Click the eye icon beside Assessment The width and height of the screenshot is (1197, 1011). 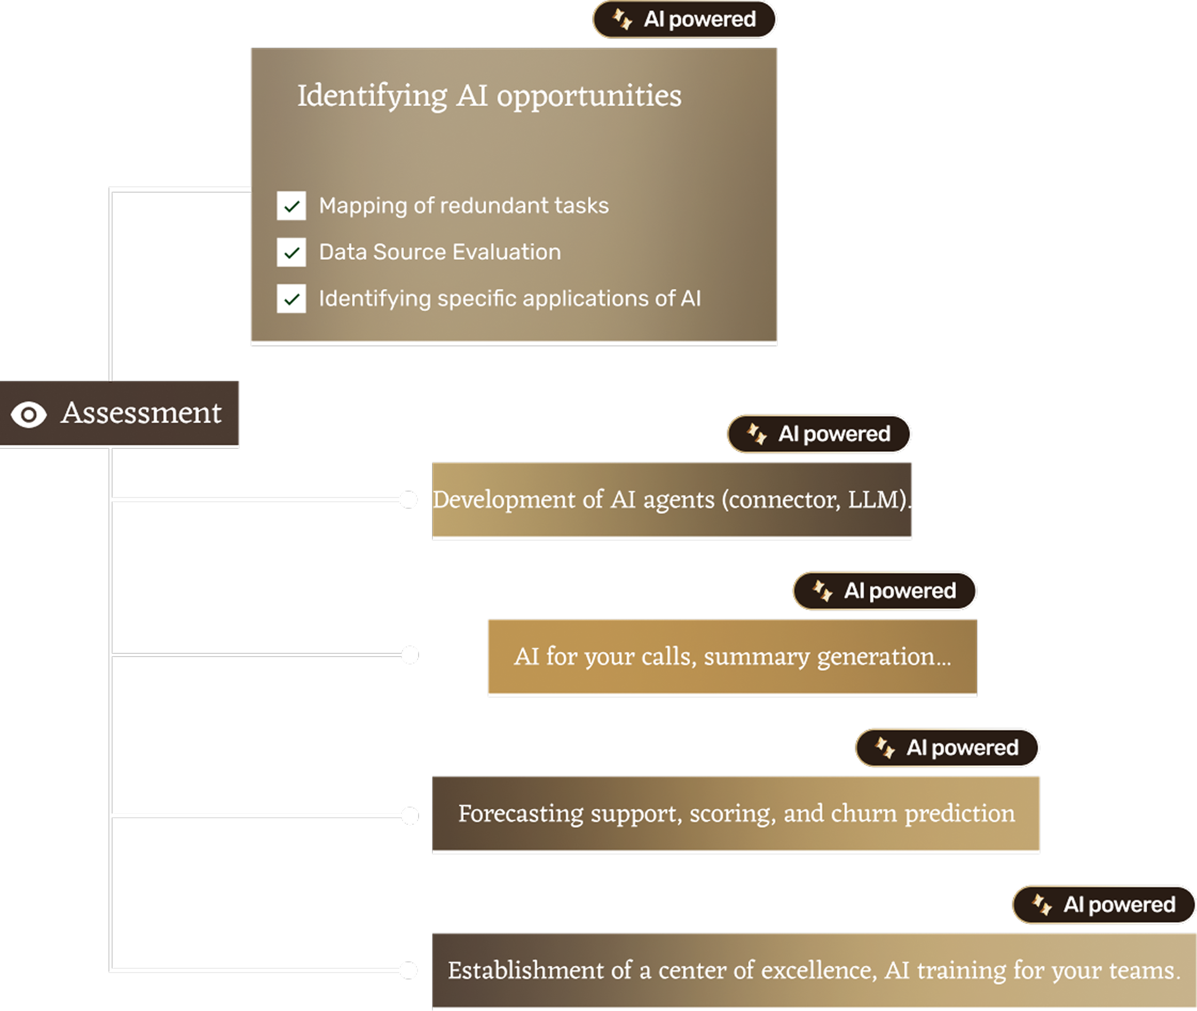tap(29, 414)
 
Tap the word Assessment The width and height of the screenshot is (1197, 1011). tap(141, 413)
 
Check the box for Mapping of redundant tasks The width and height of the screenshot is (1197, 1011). tap(291, 206)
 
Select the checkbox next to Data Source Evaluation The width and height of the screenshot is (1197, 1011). tap(291, 252)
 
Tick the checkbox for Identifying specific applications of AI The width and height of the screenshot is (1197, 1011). tap(291, 298)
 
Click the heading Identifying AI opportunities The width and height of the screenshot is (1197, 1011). tap(489, 95)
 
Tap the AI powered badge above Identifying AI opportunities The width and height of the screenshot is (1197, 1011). tap(684, 20)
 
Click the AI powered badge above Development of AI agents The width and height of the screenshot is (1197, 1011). tap(819, 434)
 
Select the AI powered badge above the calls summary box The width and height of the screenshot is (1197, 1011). tap(885, 591)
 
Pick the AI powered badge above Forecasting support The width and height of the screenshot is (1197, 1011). tap(947, 748)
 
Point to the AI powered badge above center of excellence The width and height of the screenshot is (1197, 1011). tap(1104, 904)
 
